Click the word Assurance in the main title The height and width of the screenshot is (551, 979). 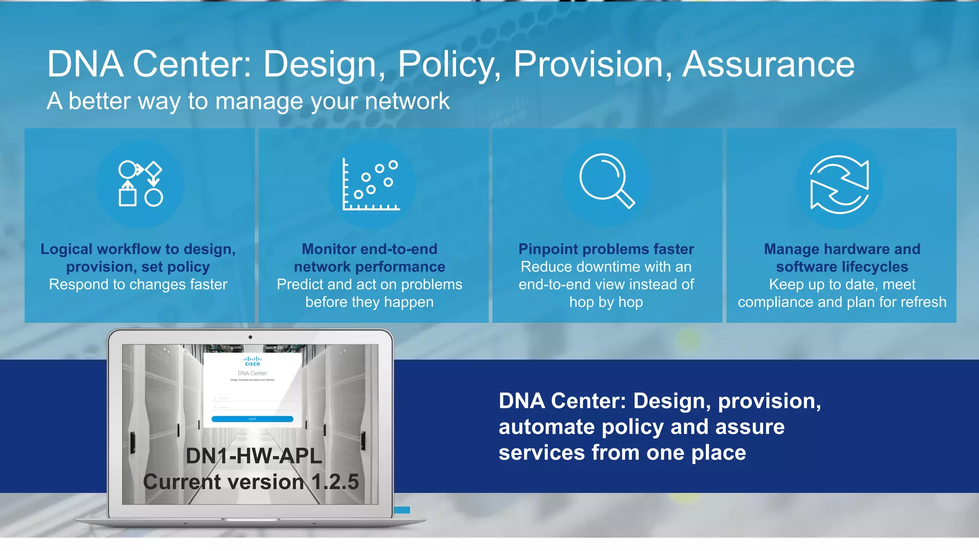tap(768, 64)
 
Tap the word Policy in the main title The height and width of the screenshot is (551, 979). tap(449, 64)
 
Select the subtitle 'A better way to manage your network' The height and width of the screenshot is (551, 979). tap(248, 101)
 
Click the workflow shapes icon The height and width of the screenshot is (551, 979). tap(140, 184)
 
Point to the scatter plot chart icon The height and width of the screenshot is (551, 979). tap(371, 184)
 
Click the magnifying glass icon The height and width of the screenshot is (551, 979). tap(606, 181)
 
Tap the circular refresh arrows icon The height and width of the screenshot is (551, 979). tap(839, 184)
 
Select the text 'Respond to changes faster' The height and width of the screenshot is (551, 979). tap(138, 285)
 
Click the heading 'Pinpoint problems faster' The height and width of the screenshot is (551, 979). tap(606, 249)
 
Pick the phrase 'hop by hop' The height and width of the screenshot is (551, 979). tap(606, 302)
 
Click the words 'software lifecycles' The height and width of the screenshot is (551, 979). tap(842, 267)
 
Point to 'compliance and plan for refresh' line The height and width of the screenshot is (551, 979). tap(842, 302)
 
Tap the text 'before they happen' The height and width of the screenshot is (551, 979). tap(369, 302)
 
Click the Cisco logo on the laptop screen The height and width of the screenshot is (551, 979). tap(252, 361)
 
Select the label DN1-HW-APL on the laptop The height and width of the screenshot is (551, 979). tap(253, 456)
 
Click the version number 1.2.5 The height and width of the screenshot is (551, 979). tap(335, 482)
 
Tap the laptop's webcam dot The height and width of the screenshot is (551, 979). tap(250, 337)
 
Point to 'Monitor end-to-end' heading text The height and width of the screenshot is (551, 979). tap(369, 249)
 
